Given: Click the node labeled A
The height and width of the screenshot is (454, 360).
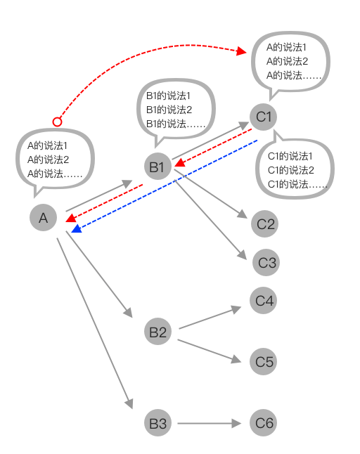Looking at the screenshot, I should pos(43,218).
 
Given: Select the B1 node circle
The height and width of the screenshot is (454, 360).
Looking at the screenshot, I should pos(157,167).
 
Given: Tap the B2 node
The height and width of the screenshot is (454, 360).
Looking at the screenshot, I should pos(157,331).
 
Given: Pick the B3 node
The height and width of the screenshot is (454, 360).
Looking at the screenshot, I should pos(157,423).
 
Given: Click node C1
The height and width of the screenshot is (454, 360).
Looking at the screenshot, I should pos(264,117).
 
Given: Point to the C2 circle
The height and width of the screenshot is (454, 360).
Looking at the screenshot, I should pos(265,224).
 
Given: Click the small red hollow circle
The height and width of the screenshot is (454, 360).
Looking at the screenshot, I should pos(58,122).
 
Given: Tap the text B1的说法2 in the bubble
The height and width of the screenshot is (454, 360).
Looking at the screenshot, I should pos(169,109).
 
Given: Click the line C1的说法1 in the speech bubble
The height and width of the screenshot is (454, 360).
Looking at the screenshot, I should pos(290,156).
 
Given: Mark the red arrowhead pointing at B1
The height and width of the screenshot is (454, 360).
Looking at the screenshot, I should pos(180,165).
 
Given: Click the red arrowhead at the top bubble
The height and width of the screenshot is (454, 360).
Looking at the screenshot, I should pos(243,51).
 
